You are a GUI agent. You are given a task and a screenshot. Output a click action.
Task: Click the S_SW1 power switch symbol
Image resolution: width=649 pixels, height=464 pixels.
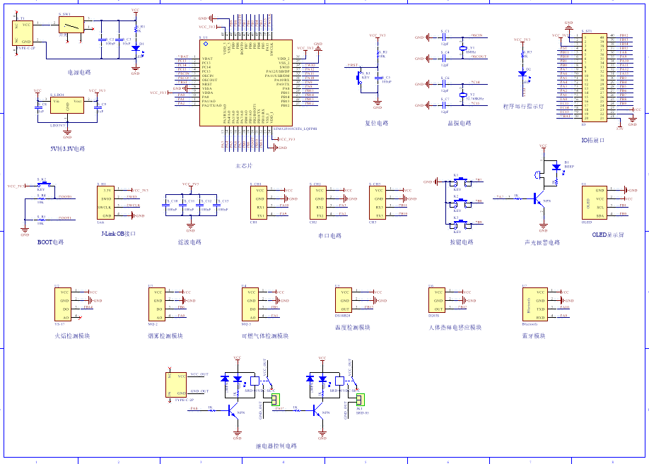pyautogui.click(x=70, y=25)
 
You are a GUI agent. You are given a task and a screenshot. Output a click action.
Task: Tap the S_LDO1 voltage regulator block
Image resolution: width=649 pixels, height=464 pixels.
pyautogui.click(x=67, y=106)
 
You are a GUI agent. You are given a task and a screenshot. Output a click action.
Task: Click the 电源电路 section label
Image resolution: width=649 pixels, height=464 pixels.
pyautogui.click(x=78, y=72)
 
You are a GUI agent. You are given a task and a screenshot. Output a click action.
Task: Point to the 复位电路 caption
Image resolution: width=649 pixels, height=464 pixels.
pyautogui.click(x=377, y=123)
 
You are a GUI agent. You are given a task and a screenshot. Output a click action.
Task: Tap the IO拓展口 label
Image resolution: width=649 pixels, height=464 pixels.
pyautogui.click(x=592, y=140)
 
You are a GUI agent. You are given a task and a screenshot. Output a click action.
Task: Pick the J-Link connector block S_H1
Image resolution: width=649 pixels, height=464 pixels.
pyautogui.click(x=107, y=203)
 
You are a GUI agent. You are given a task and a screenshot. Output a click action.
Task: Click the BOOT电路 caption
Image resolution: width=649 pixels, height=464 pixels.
pyautogui.click(x=50, y=242)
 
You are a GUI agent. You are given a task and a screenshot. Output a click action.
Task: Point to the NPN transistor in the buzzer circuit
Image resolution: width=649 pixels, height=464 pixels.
pyautogui.click(x=541, y=198)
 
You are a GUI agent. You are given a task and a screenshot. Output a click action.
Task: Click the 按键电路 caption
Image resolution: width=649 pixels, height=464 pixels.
pyautogui.click(x=462, y=242)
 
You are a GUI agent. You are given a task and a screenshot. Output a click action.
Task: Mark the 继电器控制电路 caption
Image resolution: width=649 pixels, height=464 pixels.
pyautogui.click(x=276, y=446)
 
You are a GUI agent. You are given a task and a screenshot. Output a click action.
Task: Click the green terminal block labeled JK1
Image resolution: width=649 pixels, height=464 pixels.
pyautogui.click(x=359, y=401)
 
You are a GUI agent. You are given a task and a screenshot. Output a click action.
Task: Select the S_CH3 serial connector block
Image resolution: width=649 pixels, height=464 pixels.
pyautogui.click(x=379, y=203)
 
